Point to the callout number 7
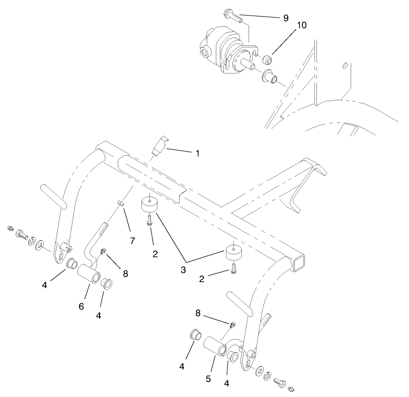132,241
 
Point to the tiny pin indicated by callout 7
120,204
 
